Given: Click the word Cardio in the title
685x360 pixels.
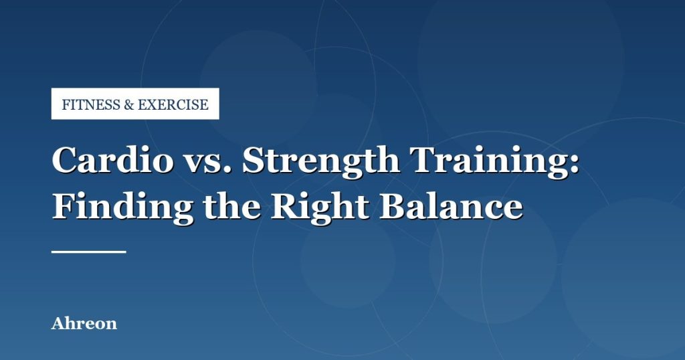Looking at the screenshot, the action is [112, 159].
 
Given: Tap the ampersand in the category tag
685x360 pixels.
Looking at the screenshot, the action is [129, 105].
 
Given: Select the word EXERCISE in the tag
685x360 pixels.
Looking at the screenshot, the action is [173, 104].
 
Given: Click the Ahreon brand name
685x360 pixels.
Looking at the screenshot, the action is [84, 323].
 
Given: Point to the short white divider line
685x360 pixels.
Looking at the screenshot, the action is [89, 252].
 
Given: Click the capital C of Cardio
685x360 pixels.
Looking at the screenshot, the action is [64, 160].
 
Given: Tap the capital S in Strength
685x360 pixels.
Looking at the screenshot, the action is [254, 160].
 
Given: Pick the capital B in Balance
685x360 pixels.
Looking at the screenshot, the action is [393, 206].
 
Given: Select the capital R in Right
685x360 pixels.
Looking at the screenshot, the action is [285, 206].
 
